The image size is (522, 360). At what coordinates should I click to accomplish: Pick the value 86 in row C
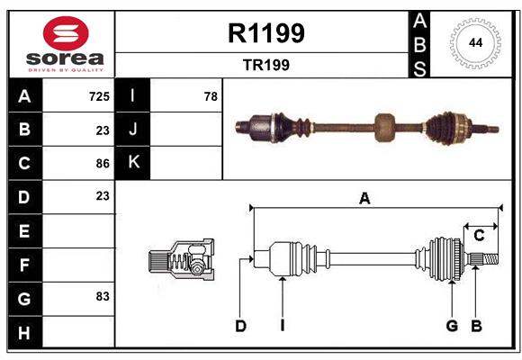point(103,163)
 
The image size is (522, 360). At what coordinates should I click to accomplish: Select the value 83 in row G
point(103,296)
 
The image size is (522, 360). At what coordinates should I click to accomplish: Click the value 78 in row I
point(211,95)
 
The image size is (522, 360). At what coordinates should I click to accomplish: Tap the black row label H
point(24,332)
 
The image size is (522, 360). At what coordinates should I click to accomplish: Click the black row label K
point(133,163)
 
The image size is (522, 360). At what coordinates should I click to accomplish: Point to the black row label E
point(24,230)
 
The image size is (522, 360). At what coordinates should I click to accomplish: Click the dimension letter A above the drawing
point(364,199)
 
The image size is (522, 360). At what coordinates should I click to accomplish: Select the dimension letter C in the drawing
point(479,236)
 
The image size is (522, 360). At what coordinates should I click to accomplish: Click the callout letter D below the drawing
point(240,326)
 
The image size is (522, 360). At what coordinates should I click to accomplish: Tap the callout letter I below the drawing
point(282,326)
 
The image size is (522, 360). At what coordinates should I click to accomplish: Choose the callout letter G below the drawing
point(452,326)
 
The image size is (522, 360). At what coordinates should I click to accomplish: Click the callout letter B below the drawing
point(477,326)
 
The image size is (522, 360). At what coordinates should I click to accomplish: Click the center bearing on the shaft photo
point(386,127)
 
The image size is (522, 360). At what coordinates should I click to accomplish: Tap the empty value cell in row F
point(79,265)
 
